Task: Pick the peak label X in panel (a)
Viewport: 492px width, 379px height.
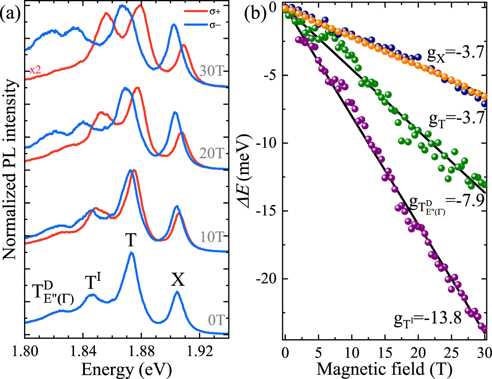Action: click(x=178, y=281)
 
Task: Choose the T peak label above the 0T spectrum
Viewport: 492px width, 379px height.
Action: click(x=131, y=240)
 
